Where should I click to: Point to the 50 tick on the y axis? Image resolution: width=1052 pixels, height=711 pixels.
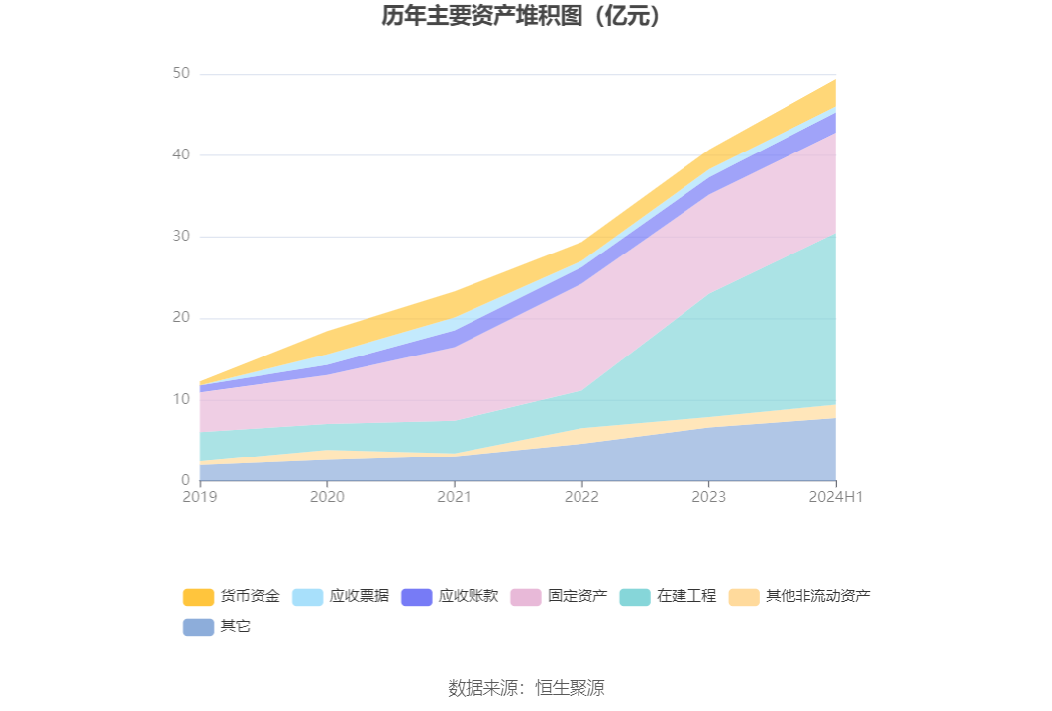click(x=181, y=74)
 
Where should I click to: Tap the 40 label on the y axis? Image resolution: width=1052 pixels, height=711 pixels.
click(x=181, y=155)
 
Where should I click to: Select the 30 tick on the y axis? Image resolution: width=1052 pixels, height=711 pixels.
click(x=181, y=237)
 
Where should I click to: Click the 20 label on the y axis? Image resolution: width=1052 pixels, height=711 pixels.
click(x=181, y=318)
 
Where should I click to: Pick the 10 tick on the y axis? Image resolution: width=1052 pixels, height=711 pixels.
click(x=181, y=399)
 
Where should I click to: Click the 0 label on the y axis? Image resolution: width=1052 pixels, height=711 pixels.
click(x=185, y=480)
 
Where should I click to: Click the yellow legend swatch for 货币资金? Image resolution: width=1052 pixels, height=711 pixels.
click(x=198, y=597)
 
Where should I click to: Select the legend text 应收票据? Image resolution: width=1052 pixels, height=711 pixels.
click(x=360, y=597)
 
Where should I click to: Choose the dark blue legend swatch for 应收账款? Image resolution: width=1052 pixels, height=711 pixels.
click(x=416, y=597)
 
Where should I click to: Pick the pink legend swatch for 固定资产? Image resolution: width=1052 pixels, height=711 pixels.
click(x=525, y=597)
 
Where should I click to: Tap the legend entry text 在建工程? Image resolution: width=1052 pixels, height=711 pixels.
click(x=686, y=597)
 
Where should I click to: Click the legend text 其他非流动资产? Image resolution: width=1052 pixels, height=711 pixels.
click(x=818, y=597)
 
